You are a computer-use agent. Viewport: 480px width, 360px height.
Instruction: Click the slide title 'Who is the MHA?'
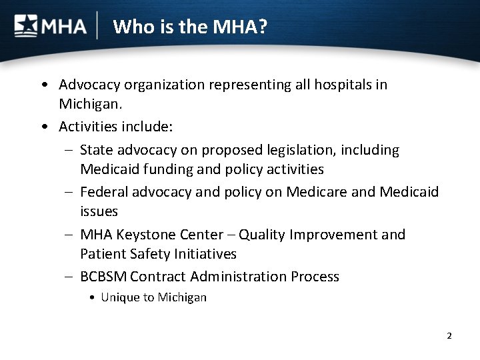point(190,27)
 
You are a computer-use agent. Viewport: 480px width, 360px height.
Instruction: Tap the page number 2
point(449,335)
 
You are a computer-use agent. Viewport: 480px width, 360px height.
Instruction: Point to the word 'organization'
point(166,85)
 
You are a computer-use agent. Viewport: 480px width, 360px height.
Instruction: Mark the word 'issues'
point(99,211)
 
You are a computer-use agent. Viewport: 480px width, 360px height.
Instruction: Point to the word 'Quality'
point(264,235)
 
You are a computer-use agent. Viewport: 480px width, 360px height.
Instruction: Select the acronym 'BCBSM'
point(103,276)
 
